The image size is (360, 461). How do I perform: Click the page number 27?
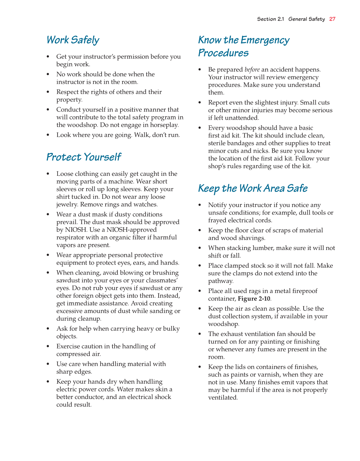click(x=332, y=19)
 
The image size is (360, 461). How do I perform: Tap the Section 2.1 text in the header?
click(x=270, y=19)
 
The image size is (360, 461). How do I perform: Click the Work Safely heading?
click(x=73, y=40)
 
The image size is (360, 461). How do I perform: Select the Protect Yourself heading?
click(x=83, y=157)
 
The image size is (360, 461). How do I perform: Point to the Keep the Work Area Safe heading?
click(x=253, y=188)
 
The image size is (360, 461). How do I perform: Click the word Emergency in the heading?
click(x=265, y=40)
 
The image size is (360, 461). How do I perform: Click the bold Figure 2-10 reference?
click(x=254, y=299)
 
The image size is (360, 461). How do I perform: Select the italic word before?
click(x=252, y=70)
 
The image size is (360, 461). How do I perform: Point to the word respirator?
click(x=70, y=238)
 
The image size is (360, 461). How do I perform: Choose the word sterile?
click(x=217, y=143)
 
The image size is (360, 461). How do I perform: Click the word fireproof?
click(x=304, y=291)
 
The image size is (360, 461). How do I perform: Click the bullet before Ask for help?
click(x=48, y=329)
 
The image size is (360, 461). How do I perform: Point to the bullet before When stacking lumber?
click(x=200, y=248)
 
